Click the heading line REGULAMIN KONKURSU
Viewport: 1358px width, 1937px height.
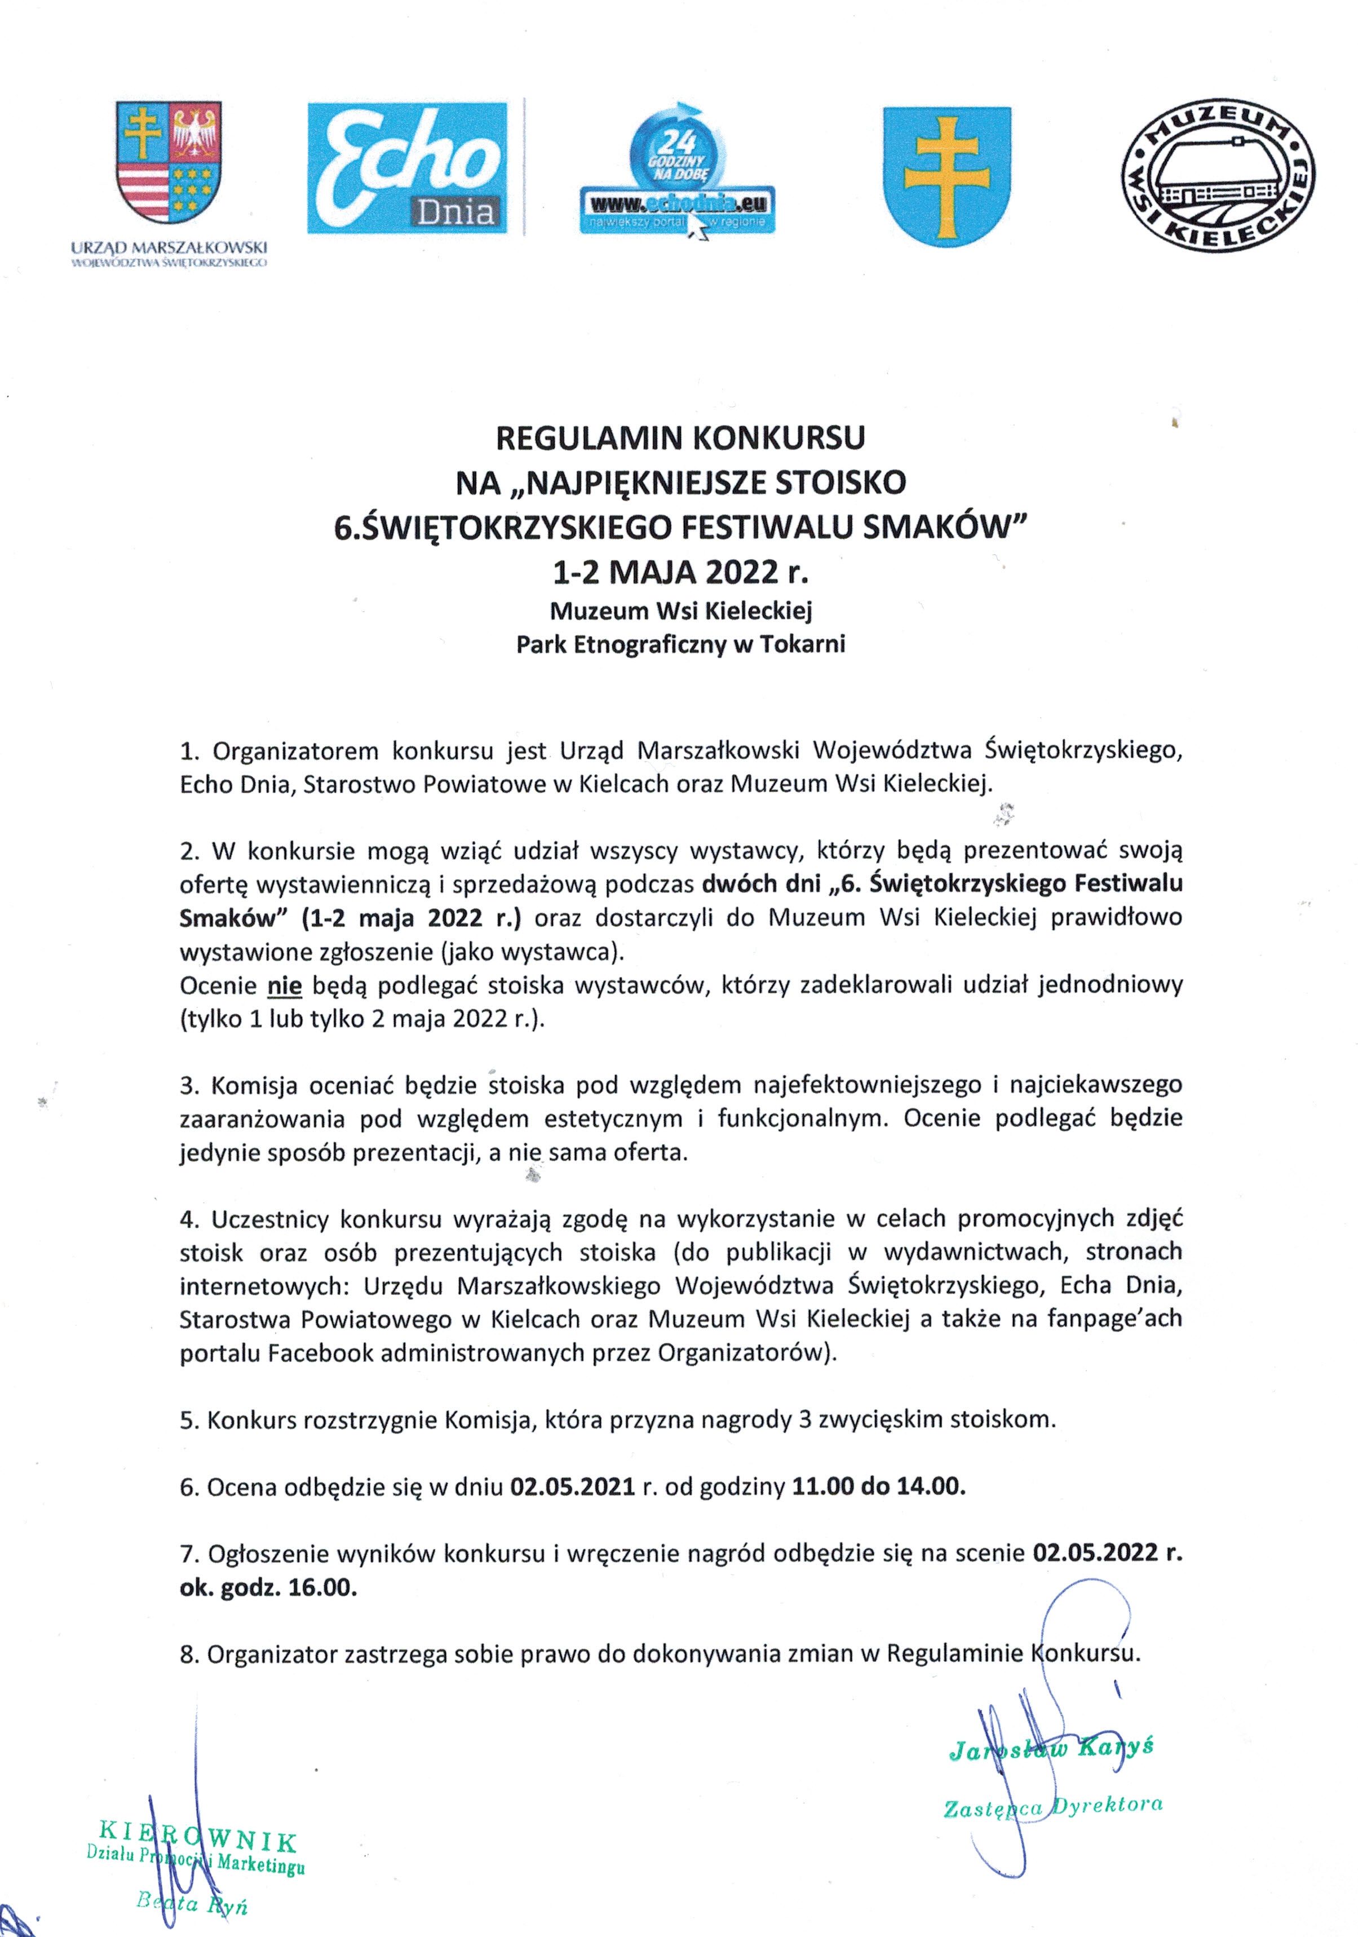coord(680,437)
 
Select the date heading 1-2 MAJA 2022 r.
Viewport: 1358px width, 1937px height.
coord(680,573)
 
